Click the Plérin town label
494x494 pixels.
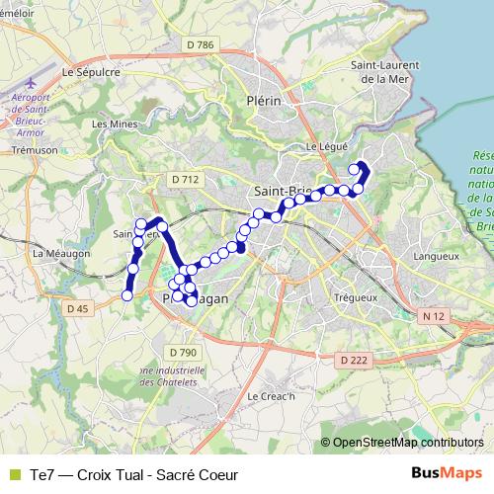coord(265,100)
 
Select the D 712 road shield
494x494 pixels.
coord(185,179)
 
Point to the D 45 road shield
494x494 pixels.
coord(78,309)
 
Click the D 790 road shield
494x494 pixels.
coord(183,352)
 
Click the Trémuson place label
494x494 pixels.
coord(32,151)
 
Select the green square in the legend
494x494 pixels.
coord(13,474)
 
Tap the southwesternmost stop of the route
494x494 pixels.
coord(126,294)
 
